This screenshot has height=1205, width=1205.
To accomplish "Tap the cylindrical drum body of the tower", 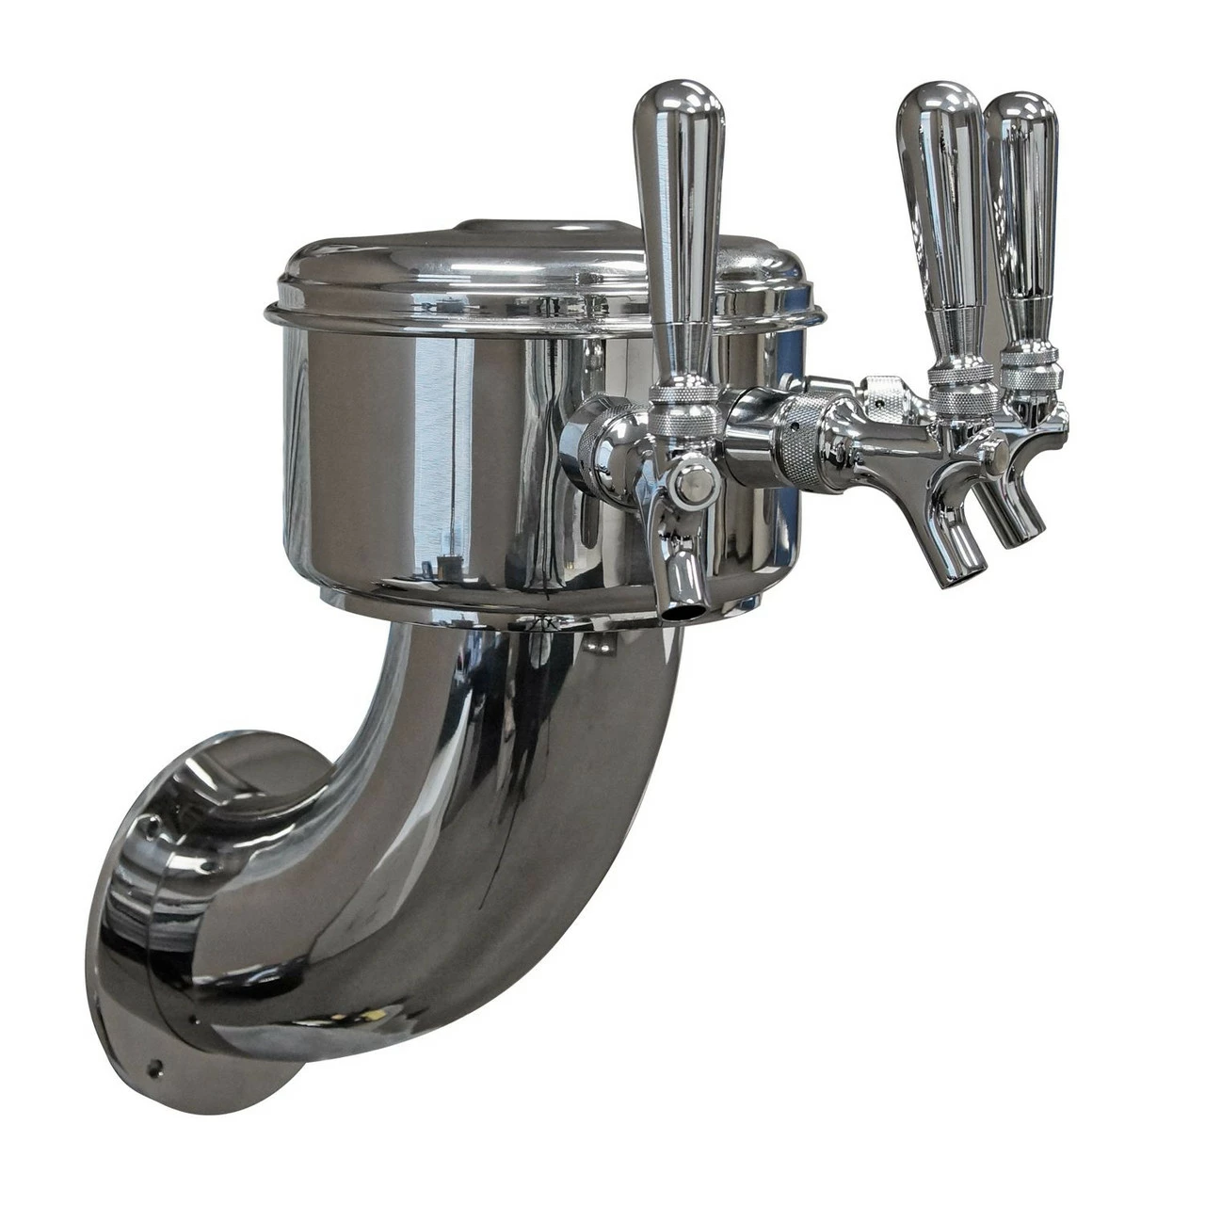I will pyautogui.click(x=424, y=461).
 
